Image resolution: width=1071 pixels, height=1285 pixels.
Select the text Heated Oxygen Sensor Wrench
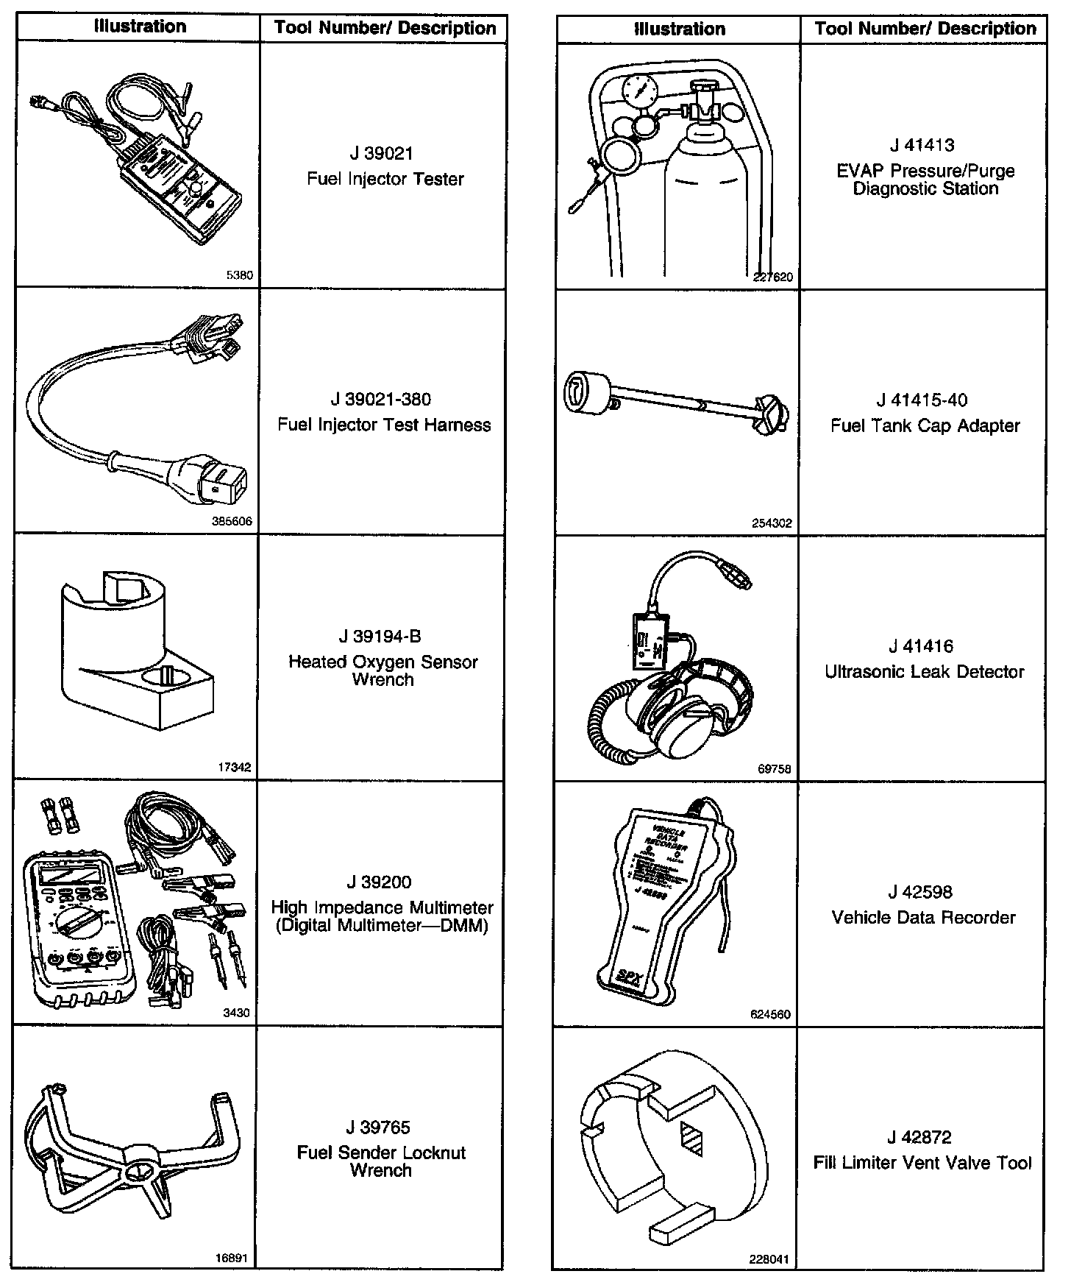tap(382, 670)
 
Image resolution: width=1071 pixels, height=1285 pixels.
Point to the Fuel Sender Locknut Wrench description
tap(381, 1161)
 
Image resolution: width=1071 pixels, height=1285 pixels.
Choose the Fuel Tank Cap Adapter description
tap(925, 425)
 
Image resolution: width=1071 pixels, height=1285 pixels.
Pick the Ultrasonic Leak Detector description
tap(925, 671)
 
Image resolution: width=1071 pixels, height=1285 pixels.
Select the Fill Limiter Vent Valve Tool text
tap(923, 1163)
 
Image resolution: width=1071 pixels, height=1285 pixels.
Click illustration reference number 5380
tap(239, 275)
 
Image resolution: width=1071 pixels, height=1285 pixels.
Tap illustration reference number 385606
tap(232, 521)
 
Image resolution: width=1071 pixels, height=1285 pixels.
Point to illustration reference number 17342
tap(235, 767)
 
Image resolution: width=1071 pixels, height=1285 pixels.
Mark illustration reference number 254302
tap(772, 523)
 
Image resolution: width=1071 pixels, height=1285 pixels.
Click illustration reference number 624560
tap(770, 1014)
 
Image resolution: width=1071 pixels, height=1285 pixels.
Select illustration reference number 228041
tap(769, 1259)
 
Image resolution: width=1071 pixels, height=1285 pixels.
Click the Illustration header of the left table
tap(140, 27)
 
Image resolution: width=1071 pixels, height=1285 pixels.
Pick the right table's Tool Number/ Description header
tap(925, 29)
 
